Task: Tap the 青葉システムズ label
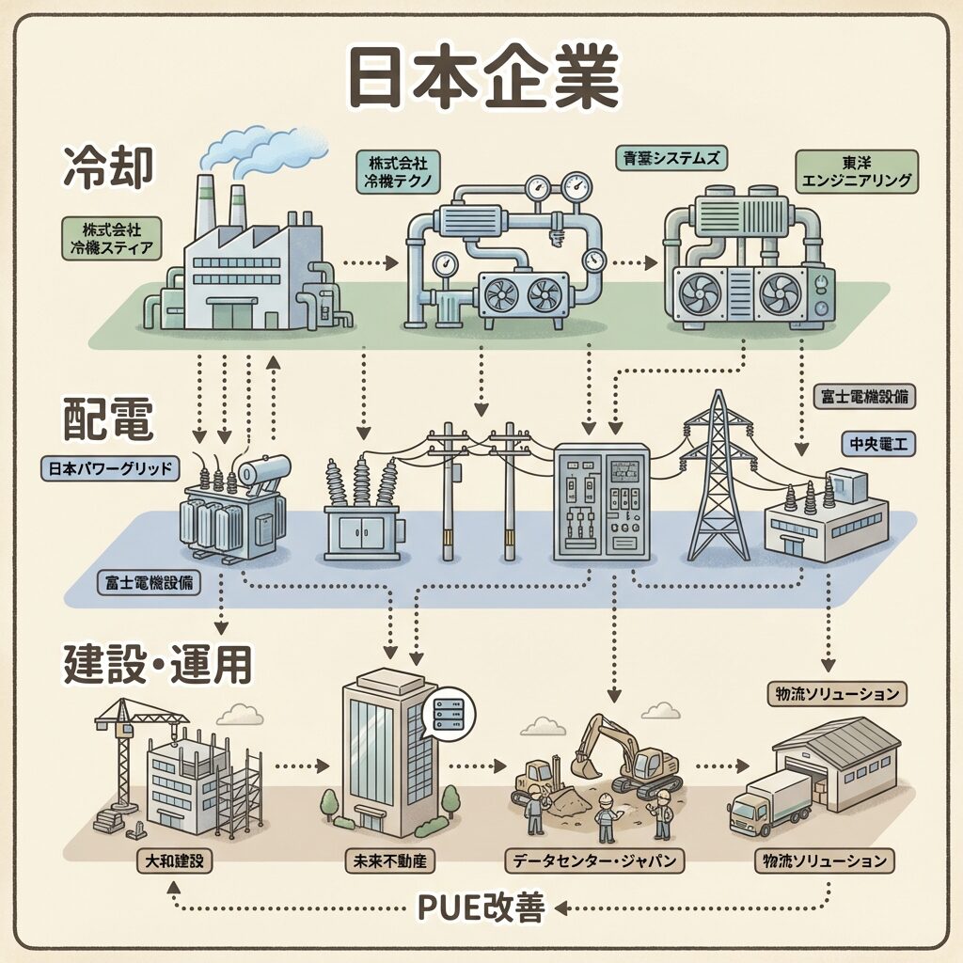pos(670,158)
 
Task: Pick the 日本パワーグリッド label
pos(109,467)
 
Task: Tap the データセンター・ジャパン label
pos(594,860)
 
